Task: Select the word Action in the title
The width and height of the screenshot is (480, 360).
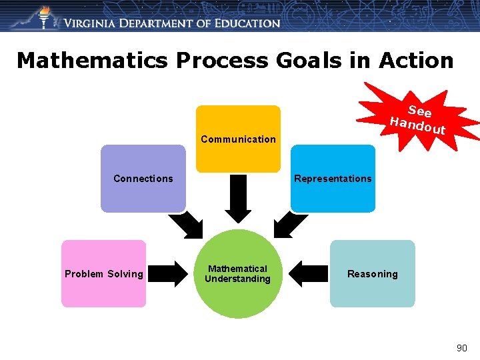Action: (x=417, y=61)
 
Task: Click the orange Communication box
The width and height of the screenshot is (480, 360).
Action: (x=238, y=138)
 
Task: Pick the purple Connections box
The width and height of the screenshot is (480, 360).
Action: (x=143, y=178)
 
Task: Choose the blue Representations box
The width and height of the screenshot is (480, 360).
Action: (x=333, y=178)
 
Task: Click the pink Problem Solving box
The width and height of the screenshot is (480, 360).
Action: (x=103, y=273)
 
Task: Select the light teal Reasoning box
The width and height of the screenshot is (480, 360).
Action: (x=372, y=273)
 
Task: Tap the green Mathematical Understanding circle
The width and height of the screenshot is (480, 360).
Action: (x=237, y=274)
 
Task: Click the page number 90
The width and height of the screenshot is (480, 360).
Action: (x=461, y=348)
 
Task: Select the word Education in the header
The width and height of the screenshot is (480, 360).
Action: (x=247, y=23)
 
